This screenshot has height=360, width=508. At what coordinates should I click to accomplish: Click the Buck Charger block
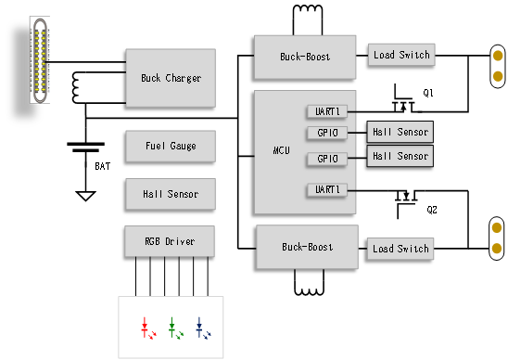[x=171, y=78]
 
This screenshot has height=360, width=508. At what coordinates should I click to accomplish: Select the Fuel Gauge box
[x=171, y=146]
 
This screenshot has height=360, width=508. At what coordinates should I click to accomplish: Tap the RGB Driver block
[x=170, y=241]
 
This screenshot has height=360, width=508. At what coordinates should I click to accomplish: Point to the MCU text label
[x=281, y=150]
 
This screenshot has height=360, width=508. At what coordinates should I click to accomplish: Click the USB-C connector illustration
[x=40, y=60]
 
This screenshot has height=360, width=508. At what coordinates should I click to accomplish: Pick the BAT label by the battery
[x=102, y=166]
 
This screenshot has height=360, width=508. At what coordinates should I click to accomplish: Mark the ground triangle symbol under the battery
[x=85, y=196]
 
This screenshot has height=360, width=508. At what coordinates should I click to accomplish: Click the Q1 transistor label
[x=428, y=93]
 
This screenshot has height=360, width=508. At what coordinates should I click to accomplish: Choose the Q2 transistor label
[x=432, y=210]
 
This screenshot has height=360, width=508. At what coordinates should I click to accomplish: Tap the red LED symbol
[x=147, y=328]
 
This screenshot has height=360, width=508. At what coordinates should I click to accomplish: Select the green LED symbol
[x=175, y=328]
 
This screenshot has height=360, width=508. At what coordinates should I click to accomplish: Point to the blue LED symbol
[x=202, y=328]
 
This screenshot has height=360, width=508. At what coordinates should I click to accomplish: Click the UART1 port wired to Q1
[x=327, y=111]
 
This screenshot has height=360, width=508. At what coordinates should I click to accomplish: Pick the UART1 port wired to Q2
[x=327, y=189]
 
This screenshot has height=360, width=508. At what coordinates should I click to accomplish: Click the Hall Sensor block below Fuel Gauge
[x=171, y=194]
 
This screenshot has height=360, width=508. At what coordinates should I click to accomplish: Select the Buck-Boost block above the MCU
[x=305, y=58]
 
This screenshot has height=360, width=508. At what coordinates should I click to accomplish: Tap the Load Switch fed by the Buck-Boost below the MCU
[x=400, y=249]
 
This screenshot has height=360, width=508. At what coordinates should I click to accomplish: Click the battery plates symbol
[x=85, y=148]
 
